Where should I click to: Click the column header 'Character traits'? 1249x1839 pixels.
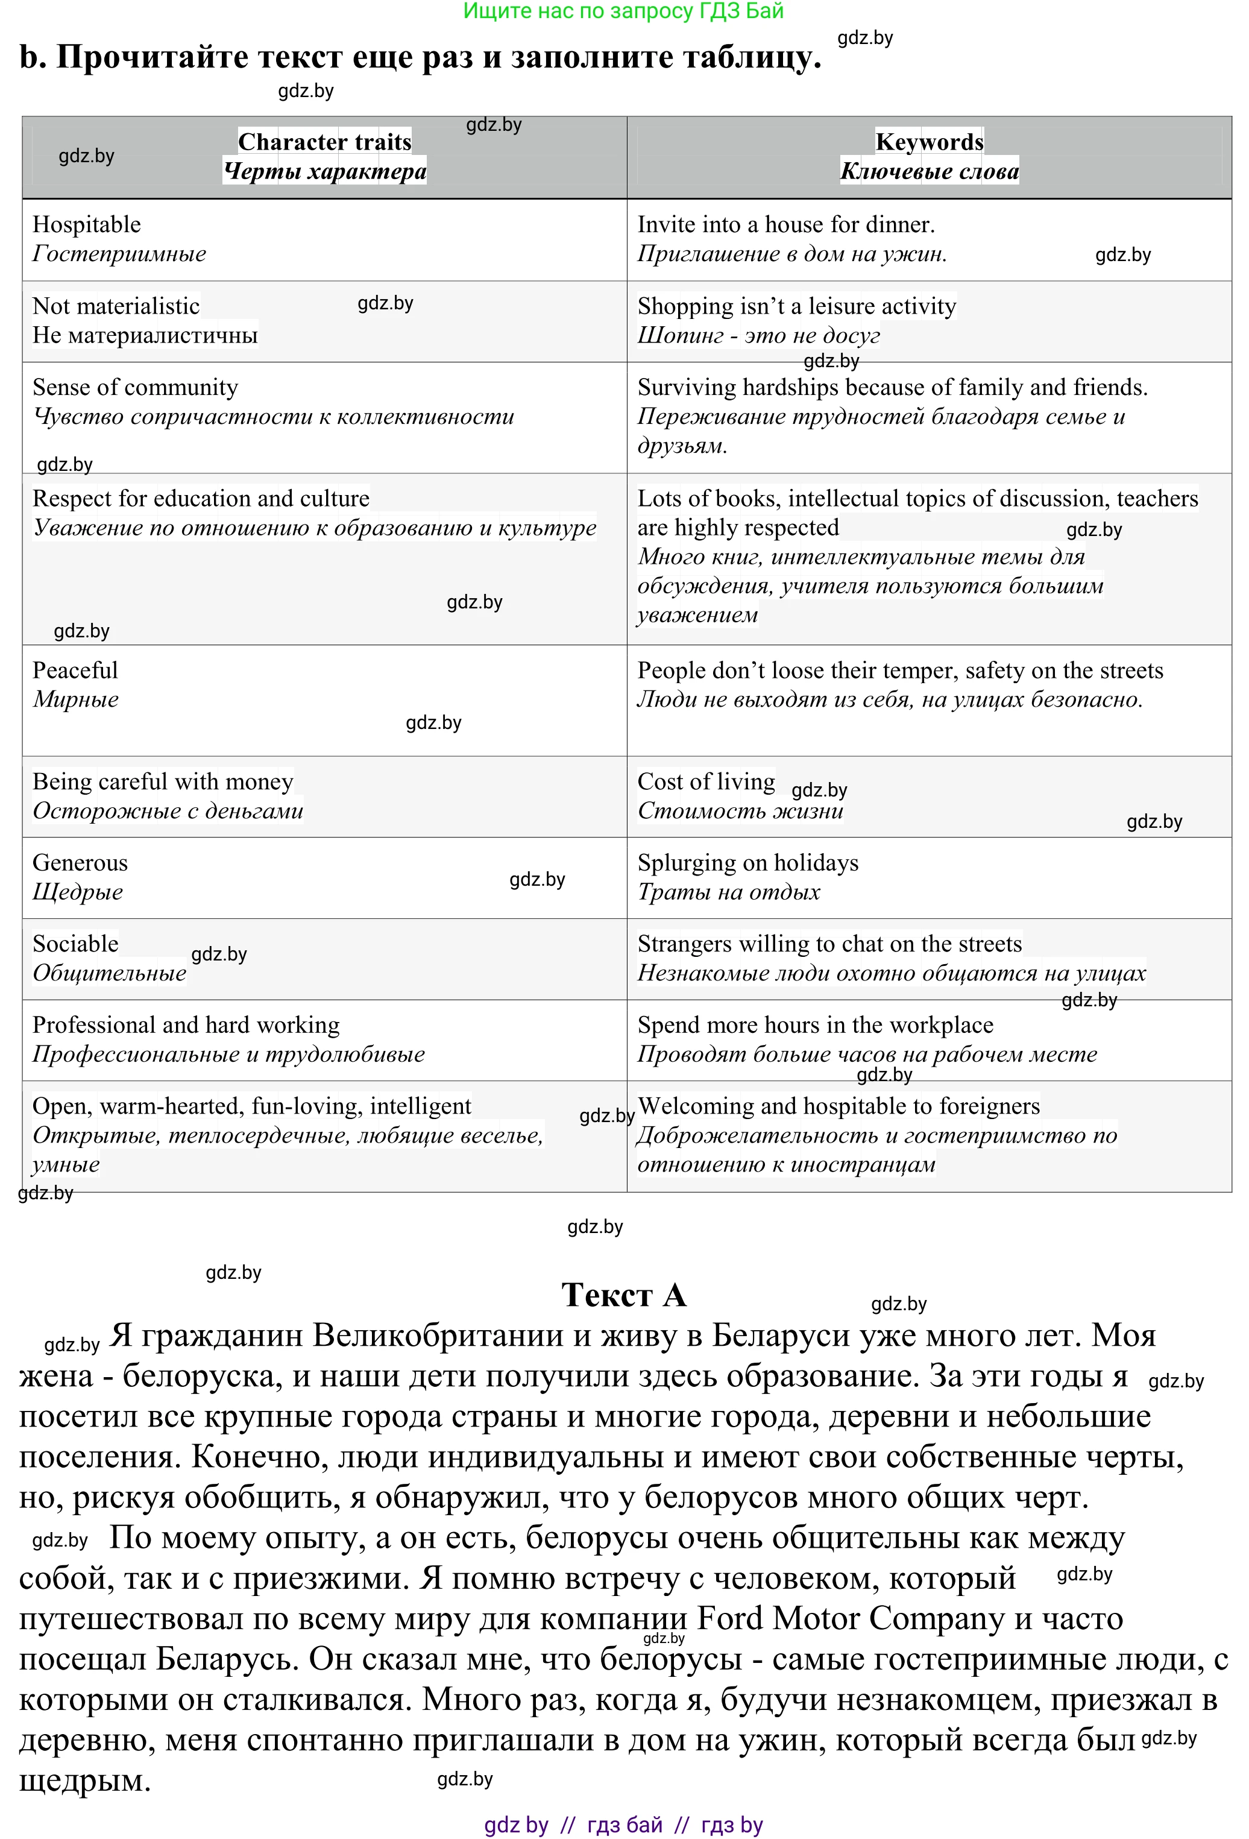tap(324, 142)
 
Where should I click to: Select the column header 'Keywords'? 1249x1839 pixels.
tap(929, 142)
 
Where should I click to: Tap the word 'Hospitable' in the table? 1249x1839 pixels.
tap(86, 225)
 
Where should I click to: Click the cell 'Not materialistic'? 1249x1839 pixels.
tap(116, 306)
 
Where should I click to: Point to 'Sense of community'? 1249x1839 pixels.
tap(134, 388)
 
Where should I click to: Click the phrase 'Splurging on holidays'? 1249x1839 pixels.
tap(747, 863)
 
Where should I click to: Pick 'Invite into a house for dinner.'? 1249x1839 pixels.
tap(785, 225)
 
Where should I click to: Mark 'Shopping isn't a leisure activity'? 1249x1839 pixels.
tap(796, 306)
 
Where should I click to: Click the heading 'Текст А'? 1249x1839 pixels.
tap(623, 1295)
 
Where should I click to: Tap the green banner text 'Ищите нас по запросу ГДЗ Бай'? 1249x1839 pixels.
tap(623, 11)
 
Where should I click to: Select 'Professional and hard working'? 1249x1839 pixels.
tap(186, 1026)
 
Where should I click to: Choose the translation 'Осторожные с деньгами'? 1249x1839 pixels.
tap(168, 811)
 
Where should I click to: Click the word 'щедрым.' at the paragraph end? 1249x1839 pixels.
tap(84, 1781)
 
